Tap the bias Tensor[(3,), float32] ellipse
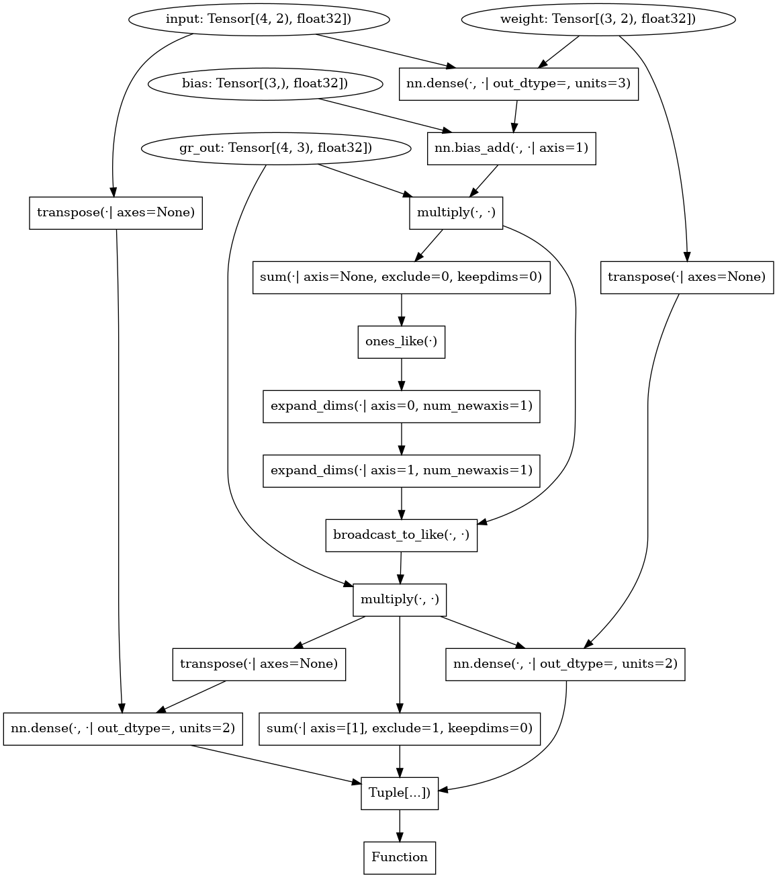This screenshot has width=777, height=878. [265, 84]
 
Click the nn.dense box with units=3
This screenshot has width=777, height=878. [518, 84]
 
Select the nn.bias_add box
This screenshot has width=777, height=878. [511, 148]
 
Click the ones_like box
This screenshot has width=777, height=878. [401, 342]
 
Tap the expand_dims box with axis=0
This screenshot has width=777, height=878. [401, 406]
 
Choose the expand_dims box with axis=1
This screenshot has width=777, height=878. [401, 470]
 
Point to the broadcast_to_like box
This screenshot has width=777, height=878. [401, 535]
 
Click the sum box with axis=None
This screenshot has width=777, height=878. [401, 277]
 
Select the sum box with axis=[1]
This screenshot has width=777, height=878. [400, 728]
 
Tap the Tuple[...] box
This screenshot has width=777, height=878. [400, 793]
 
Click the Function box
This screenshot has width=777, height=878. [400, 857]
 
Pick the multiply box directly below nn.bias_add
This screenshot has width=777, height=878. [456, 213]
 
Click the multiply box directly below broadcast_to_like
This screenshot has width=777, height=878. [400, 599]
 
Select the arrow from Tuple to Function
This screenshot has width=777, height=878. [400, 826]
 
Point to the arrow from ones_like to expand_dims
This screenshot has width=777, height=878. [401, 374]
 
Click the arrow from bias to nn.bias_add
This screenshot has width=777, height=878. [383, 115]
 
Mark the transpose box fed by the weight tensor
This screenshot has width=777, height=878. [686, 277]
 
